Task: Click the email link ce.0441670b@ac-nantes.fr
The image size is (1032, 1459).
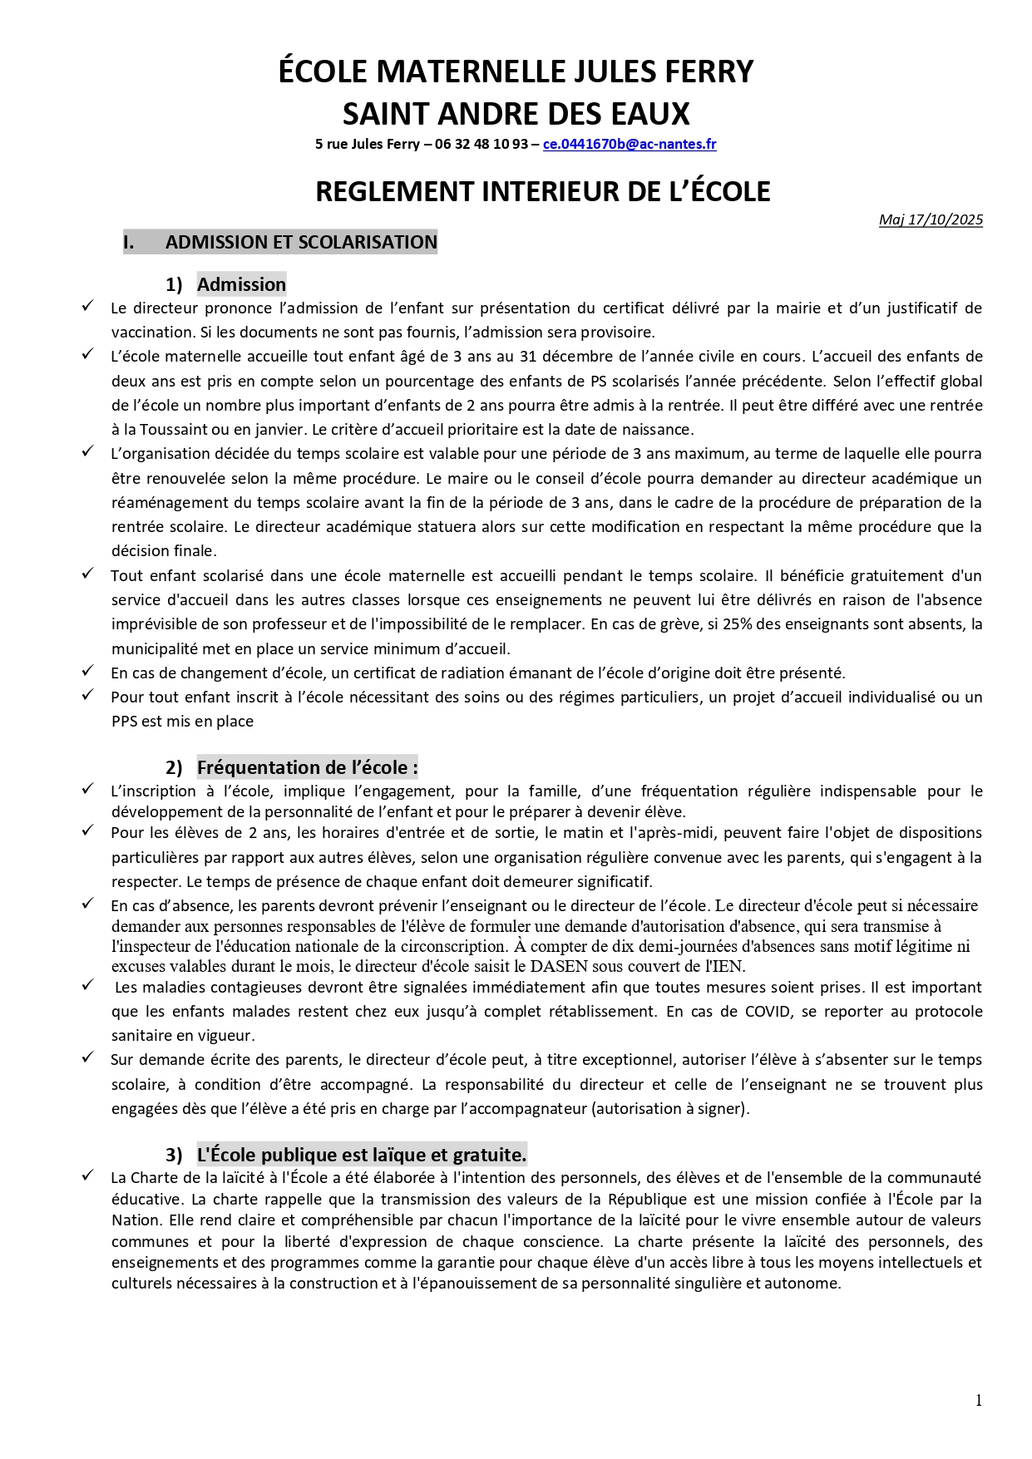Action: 629,144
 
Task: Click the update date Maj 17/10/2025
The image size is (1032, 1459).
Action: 931,219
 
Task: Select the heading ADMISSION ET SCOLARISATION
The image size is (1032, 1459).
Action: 301,242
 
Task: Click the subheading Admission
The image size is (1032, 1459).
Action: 241,284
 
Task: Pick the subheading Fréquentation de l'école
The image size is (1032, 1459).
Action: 307,767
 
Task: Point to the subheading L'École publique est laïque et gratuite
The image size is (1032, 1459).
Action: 361,1155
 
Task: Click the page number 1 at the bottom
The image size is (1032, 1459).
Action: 979,1401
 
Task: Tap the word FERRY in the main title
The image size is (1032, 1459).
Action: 705,71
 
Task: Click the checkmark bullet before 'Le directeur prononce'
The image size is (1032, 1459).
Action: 87,307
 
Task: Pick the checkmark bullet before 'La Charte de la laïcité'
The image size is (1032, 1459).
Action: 87,1176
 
